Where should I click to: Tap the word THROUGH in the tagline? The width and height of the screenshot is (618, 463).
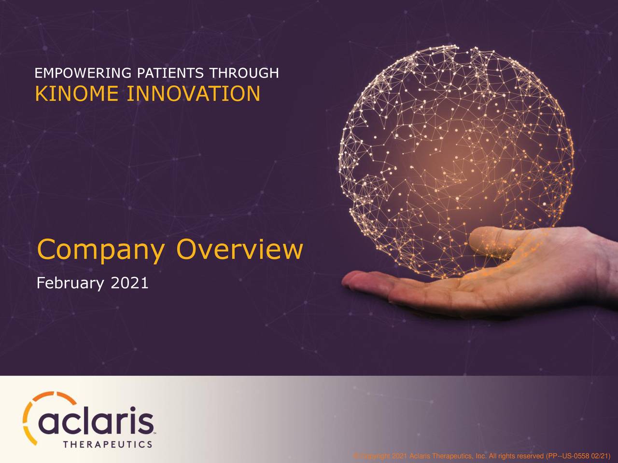[244, 73]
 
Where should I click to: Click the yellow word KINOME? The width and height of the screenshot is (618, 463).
[77, 94]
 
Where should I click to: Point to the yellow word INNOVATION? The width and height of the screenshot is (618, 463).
[193, 94]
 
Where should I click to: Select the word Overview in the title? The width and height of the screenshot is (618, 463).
[239, 250]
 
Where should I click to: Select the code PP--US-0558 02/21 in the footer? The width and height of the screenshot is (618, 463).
[577, 456]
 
